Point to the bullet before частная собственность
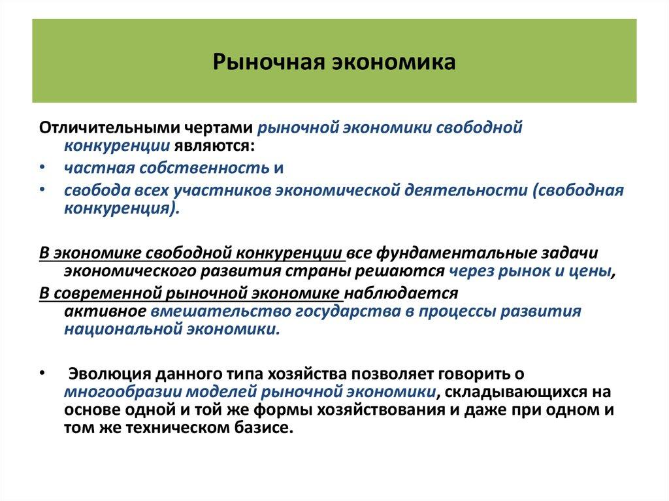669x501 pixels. [42, 168]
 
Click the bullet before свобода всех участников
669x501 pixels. [42, 190]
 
